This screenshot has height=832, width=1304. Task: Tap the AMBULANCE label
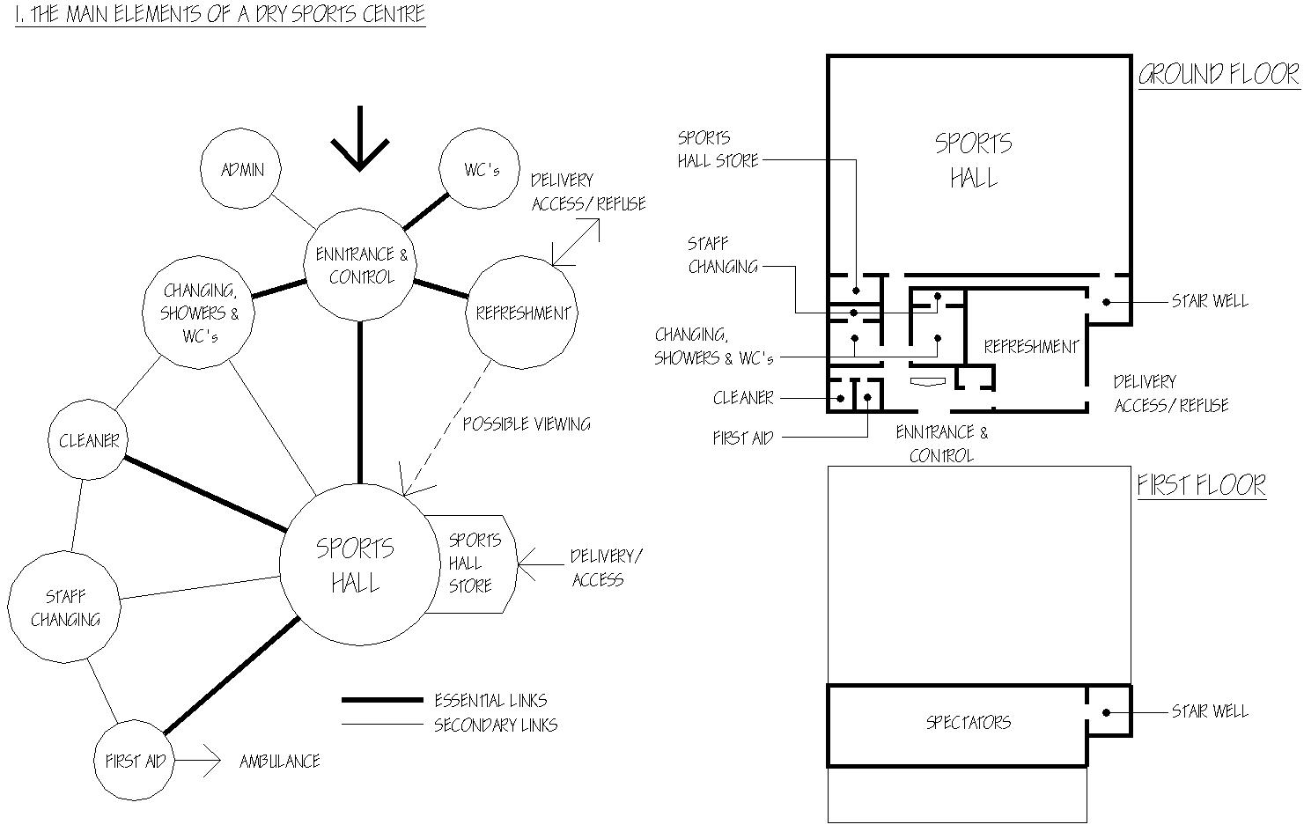[280, 761]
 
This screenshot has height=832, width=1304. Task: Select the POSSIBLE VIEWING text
[527, 423]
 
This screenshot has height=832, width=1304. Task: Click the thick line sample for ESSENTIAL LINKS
[382, 700]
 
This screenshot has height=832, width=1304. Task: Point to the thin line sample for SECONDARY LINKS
[382, 725]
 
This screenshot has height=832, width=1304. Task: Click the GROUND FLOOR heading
[1219, 75]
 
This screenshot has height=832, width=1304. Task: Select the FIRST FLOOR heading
[1202, 486]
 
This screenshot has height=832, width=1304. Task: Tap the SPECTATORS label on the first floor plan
[969, 723]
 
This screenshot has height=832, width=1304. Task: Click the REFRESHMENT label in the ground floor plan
[1031, 347]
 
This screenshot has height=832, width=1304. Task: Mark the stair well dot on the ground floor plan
[1106, 302]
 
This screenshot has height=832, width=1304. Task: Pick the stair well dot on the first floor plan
[1106, 712]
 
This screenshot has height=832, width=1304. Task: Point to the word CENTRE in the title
[394, 14]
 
